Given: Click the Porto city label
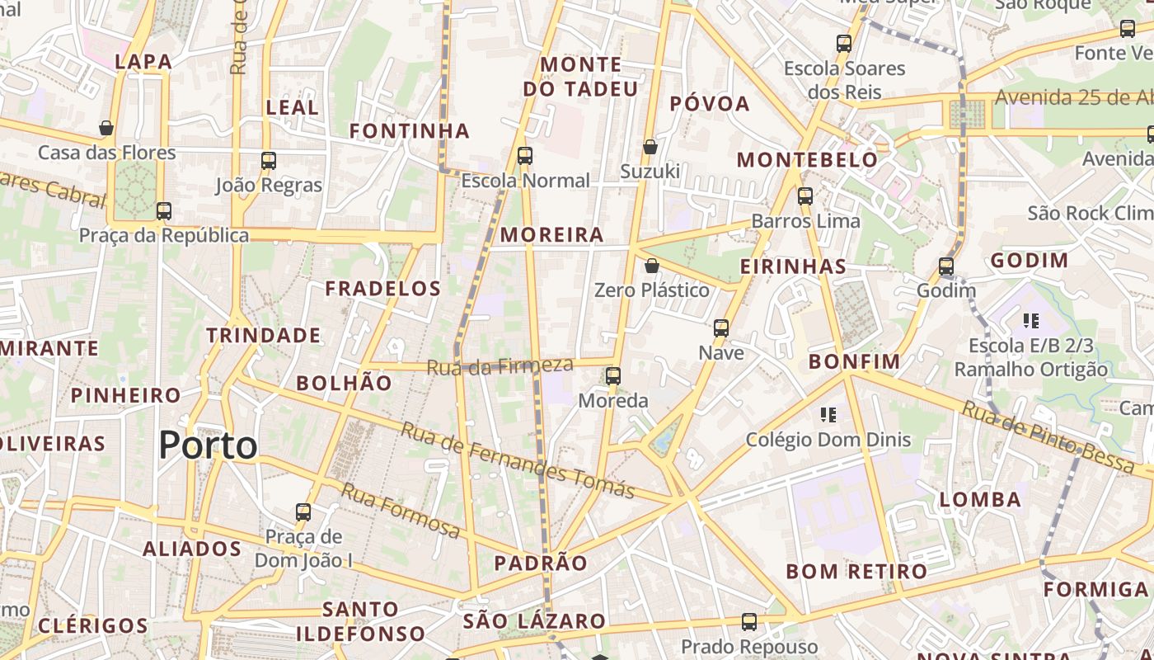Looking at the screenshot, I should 208,445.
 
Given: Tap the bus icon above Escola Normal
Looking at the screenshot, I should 524,156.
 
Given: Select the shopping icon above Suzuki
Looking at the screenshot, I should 650,147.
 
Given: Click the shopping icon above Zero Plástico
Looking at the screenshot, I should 651,266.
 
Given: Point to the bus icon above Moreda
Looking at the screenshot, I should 612,376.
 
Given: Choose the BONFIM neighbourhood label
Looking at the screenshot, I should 854,361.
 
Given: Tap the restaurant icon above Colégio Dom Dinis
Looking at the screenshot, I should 828,414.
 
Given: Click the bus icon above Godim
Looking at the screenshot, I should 945,266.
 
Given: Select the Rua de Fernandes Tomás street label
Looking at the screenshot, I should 518,460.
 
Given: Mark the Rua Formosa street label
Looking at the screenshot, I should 401,511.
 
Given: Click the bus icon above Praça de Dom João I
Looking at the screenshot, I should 303,512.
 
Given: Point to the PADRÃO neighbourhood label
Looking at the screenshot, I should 541,563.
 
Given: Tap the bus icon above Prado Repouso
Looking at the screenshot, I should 748,622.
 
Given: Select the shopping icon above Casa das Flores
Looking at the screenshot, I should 106,128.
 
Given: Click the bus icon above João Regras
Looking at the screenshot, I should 269,160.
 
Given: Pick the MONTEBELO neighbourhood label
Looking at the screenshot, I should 807,160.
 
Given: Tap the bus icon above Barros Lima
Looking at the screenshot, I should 805,196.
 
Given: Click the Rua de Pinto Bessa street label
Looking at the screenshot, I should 1048,437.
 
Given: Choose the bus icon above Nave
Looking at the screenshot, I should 721,328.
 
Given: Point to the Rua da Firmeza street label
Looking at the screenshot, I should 500,365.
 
